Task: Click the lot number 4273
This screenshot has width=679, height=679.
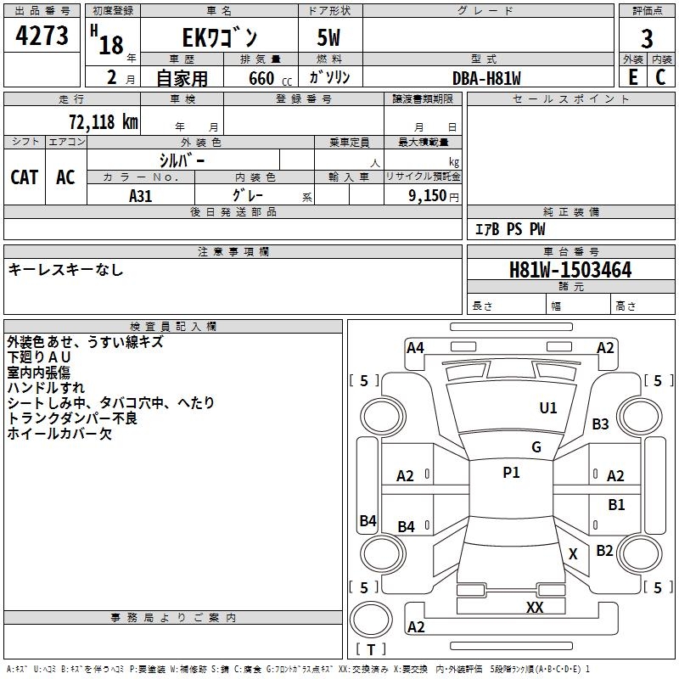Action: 42,36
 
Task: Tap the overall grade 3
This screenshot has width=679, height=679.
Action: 647,39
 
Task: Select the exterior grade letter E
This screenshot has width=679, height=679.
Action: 632,77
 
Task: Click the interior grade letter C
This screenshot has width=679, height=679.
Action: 660,77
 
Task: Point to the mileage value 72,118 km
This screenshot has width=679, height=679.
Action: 104,121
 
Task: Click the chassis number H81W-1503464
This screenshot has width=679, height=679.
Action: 570,270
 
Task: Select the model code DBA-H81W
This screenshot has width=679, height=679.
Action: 486,78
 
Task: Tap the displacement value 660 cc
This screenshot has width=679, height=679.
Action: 270,78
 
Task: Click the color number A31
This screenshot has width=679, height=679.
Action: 140,196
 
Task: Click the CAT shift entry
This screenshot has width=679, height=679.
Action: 25,177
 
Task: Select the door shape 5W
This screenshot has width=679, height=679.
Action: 328,37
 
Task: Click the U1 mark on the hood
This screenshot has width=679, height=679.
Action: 547,407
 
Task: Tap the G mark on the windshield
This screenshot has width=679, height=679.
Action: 536,446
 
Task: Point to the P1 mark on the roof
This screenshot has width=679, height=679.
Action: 511,473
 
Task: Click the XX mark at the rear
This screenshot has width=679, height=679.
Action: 535,607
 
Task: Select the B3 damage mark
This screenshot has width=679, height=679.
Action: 600,424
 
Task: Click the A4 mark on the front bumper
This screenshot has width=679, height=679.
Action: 415,348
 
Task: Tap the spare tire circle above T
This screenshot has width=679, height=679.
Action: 371,620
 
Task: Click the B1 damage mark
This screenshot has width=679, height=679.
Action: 616,504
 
